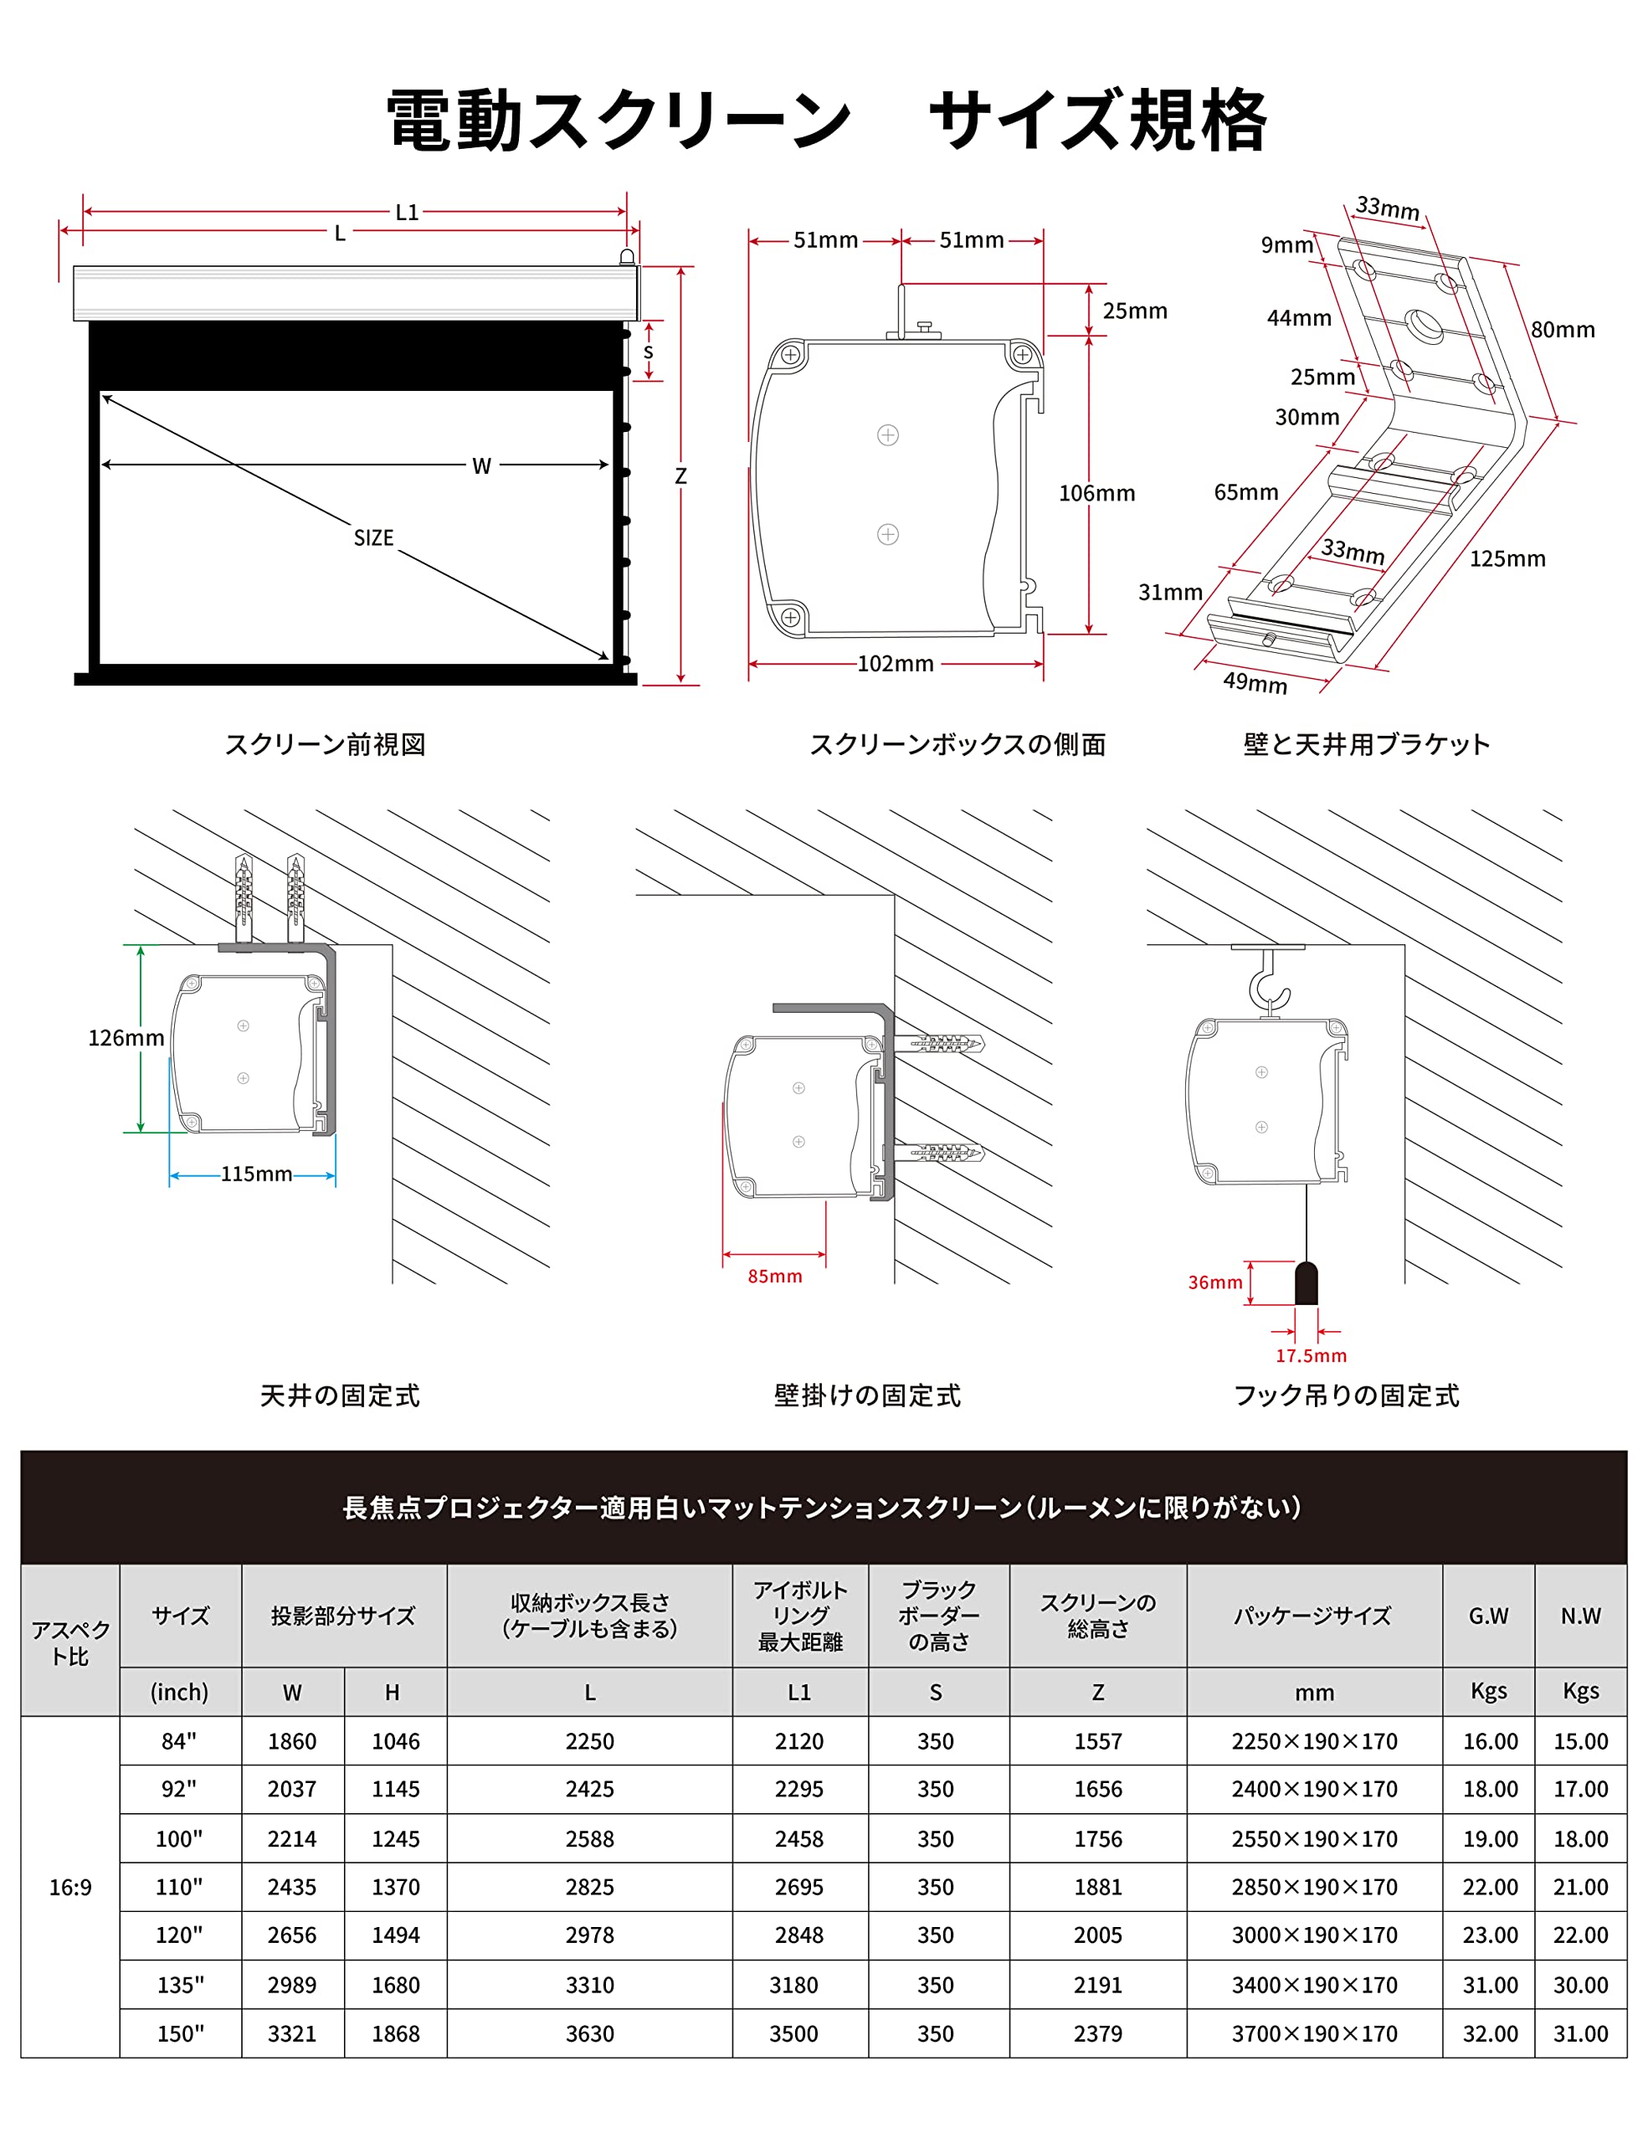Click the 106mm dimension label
click(1096, 494)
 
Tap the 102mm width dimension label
click(895, 665)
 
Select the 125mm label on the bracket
click(1506, 559)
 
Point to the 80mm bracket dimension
click(1562, 331)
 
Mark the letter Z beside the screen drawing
click(680, 477)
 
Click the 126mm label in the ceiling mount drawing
click(126, 1038)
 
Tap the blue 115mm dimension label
click(256, 1174)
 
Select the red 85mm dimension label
click(774, 1277)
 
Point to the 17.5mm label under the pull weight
click(1311, 1356)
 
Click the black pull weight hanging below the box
click(1306, 1283)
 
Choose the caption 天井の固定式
click(340, 1395)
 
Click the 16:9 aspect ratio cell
click(70, 1887)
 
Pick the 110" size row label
click(179, 1887)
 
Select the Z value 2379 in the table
click(1096, 2034)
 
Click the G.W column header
click(1487, 1616)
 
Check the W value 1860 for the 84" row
click(292, 1742)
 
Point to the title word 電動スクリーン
click(618, 121)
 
